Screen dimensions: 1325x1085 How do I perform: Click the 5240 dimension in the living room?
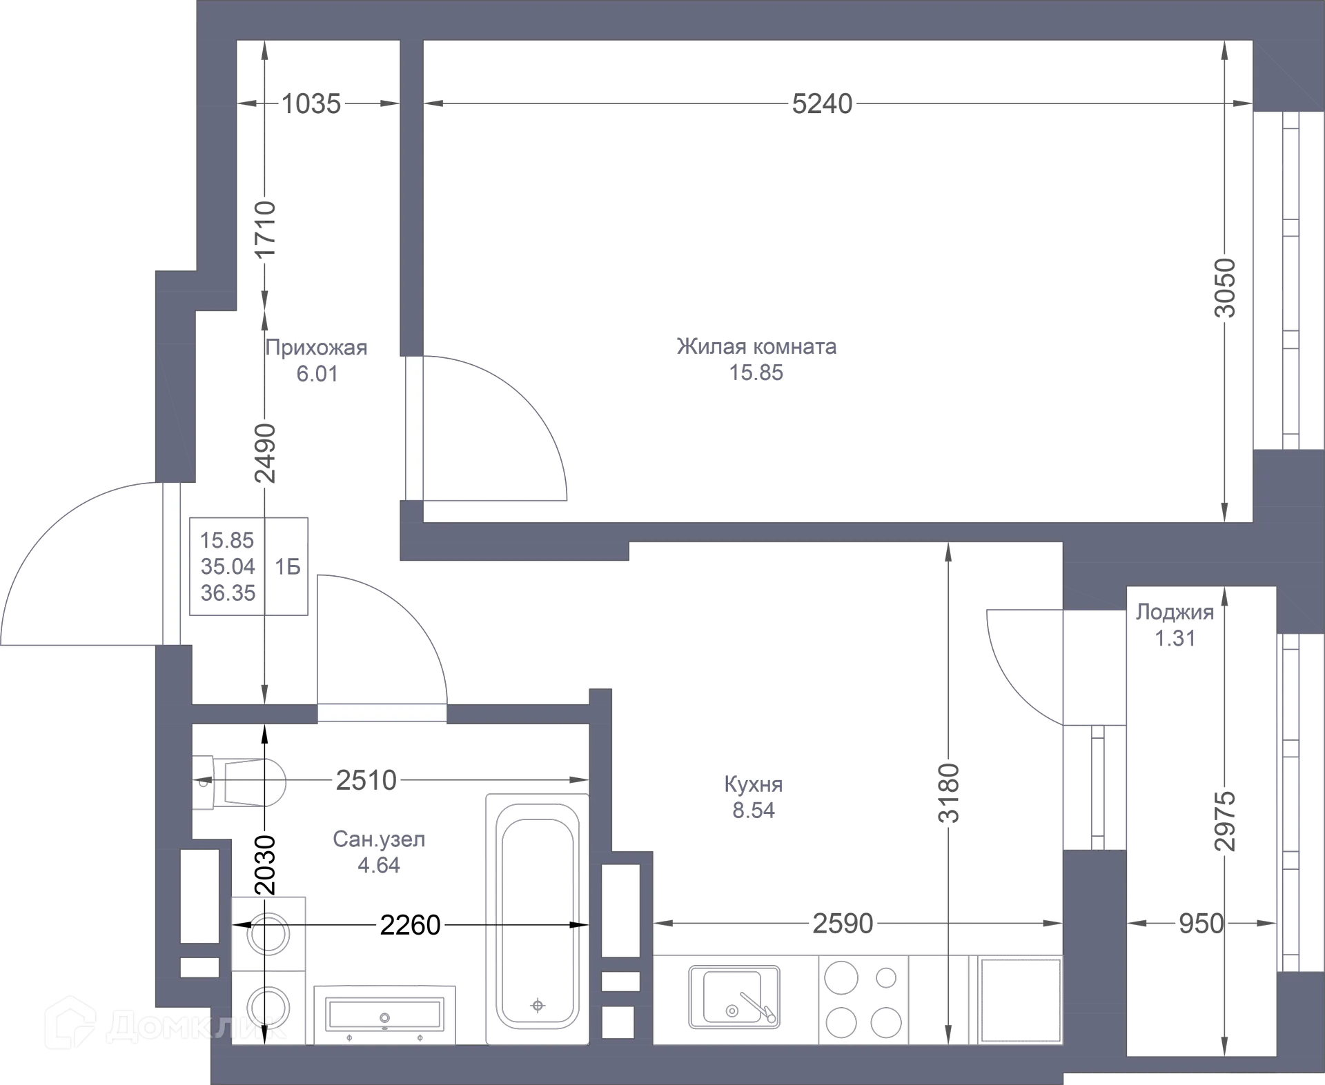[822, 104]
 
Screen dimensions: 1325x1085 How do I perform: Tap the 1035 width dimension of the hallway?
[311, 104]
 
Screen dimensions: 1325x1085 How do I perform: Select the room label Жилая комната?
[756, 346]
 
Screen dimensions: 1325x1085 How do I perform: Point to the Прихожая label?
[316, 348]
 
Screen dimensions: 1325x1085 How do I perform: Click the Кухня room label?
[754, 784]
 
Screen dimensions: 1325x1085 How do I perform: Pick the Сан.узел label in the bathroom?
[379, 839]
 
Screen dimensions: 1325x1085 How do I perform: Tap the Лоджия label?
[1175, 612]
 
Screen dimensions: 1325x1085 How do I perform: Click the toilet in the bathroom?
[239, 782]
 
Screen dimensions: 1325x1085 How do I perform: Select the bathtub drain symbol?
[538, 1005]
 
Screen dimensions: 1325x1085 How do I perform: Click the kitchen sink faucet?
[758, 1007]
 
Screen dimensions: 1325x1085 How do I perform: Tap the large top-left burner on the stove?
[841, 977]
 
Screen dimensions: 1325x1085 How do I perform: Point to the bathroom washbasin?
[385, 1014]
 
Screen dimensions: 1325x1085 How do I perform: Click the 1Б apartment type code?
[288, 567]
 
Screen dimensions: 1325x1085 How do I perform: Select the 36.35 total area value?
[228, 593]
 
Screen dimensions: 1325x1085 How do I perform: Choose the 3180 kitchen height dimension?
[949, 793]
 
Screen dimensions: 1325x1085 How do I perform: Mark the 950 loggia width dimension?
[1201, 924]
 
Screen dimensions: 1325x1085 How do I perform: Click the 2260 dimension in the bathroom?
[410, 925]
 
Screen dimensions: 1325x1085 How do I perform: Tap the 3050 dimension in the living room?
[1225, 288]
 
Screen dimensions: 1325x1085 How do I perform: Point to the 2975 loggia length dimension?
[1225, 821]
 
